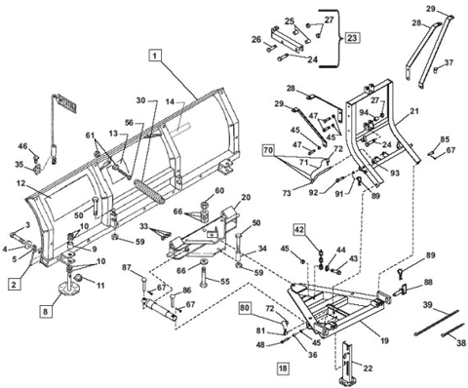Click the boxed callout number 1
click(154, 58)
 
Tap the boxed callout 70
click(266, 150)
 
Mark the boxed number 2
click(15, 284)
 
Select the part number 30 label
click(139, 101)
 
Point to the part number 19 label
click(385, 339)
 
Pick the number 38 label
click(462, 342)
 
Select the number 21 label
click(413, 113)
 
